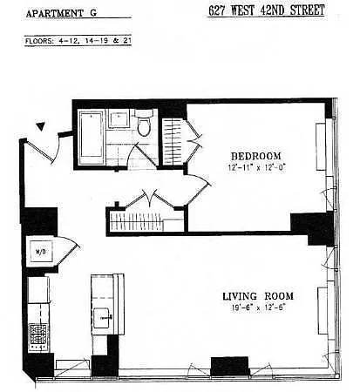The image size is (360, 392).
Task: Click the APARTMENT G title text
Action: [61, 13]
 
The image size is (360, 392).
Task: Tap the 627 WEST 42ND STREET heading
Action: [267, 10]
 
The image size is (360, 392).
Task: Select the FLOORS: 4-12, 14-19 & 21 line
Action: [78, 41]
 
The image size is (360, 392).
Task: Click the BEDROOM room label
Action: [256, 156]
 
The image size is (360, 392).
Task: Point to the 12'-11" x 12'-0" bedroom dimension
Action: [257, 167]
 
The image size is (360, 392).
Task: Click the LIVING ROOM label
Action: [258, 296]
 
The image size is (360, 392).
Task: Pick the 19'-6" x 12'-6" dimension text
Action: [258, 308]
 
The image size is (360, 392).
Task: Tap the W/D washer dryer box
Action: [41, 252]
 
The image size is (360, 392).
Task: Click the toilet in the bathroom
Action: [144, 123]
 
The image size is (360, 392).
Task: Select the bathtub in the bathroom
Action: [92, 138]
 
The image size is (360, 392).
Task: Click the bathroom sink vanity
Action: [119, 118]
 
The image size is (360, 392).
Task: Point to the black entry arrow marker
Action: [41, 126]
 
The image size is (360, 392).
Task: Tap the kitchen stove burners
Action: [38, 337]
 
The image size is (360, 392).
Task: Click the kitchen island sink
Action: [101, 318]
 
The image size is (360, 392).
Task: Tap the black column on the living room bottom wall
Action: [229, 366]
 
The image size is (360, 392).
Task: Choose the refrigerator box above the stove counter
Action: [37, 290]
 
